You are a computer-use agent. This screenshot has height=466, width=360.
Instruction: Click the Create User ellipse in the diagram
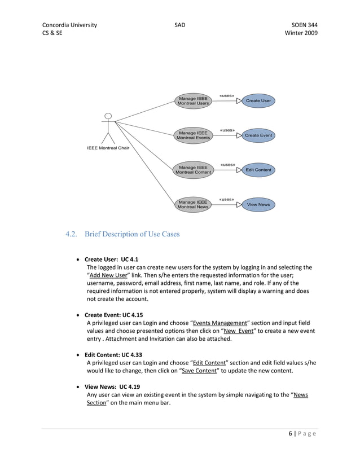[258, 100]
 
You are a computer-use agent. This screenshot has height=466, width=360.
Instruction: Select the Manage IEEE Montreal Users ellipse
[193, 101]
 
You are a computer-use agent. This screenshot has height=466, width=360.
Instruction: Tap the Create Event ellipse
[258, 135]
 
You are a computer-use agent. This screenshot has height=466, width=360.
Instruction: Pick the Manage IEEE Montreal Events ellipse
[194, 135]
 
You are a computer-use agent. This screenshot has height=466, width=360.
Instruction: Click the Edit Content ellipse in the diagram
[258, 170]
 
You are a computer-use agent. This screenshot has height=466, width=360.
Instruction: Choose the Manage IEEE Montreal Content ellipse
[194, 170]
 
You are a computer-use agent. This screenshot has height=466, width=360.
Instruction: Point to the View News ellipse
[258, 204]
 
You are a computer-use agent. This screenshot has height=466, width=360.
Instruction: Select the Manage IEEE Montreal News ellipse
[193, 204]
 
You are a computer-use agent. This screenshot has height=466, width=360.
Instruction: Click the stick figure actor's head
[108, 117]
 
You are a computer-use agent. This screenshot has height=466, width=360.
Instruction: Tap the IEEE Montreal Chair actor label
[108, 148]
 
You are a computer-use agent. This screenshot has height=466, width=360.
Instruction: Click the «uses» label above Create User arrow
[227, 95]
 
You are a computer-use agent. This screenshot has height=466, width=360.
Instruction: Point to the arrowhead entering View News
[239, 205]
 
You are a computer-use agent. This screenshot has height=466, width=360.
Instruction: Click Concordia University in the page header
[69, 25]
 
